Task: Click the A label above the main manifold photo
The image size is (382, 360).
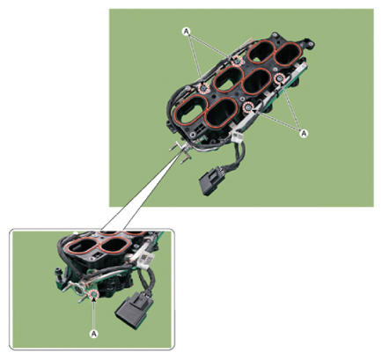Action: click(x=186, y=31)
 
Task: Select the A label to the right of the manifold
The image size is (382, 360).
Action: click(x=304, y=133)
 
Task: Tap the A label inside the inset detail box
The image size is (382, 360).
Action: click(x=93, y=334)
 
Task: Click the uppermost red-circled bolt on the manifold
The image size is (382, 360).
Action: click(x=237, y=61)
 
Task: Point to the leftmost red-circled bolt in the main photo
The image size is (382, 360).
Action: click(x=203, y=87)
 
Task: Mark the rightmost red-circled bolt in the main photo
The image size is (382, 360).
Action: click(x=280, y=78)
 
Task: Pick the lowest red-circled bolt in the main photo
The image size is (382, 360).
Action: click(x=248, y=107)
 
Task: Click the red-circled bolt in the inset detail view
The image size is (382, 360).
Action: click(x=94, y=294)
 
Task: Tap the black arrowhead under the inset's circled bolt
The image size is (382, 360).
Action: click(x=94, y=299)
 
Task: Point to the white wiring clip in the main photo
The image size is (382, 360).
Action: click(x=237, y=136)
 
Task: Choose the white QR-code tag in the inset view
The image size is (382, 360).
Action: click(x=144, y=259)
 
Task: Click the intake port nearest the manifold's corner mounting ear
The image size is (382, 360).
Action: click(x=288, y=54)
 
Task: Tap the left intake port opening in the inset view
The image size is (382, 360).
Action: click(x=81, y=246)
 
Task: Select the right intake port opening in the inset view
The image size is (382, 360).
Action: click(x=114, y=244)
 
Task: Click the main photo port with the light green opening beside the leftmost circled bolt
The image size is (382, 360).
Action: click(x=191, y=109)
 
